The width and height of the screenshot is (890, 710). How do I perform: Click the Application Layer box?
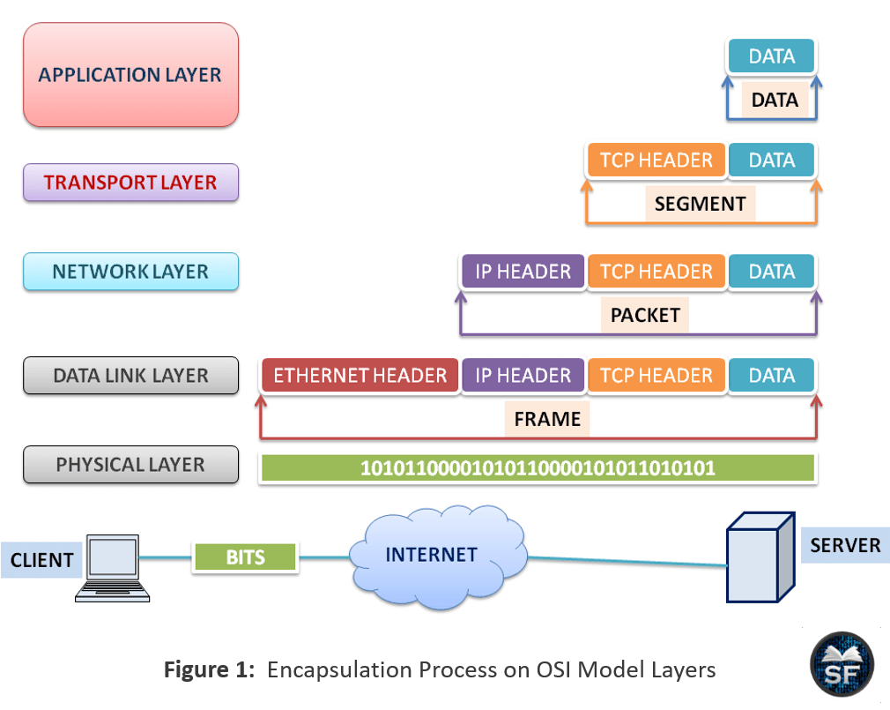(x=130, y=74)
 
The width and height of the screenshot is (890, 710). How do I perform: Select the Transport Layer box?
(x=130, y=183)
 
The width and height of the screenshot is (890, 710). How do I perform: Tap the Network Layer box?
(x=130, y=272)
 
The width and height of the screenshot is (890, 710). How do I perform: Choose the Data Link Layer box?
(x=130, y=376)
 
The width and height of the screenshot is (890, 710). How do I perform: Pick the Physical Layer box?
(x=130, y=465)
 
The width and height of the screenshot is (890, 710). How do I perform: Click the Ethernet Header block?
(x=360, y=376)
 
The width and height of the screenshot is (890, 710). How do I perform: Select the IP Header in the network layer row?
(x=523, y=272)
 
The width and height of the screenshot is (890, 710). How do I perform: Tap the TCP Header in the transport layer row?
(x=656, y=161)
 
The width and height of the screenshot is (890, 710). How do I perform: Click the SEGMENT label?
(x=700, y=204)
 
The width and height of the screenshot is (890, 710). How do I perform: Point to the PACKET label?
(x=645, y=315)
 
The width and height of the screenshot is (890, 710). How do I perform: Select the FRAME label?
(x=547, y=419)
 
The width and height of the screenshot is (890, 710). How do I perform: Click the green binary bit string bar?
(x=538, y=468)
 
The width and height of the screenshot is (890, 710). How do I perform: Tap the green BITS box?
(x=245, y=557)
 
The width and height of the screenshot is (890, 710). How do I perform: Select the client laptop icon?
(x=113, y=568)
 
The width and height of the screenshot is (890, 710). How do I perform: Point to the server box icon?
(x=760, y=557)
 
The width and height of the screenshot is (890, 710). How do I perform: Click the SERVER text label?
(x=845, y=545)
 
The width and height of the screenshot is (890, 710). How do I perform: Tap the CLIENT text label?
(x=42, y=560)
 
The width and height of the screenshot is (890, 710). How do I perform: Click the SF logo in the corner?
(x=842, y=664)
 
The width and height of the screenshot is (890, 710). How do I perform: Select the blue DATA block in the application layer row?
(x=771, y=56)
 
